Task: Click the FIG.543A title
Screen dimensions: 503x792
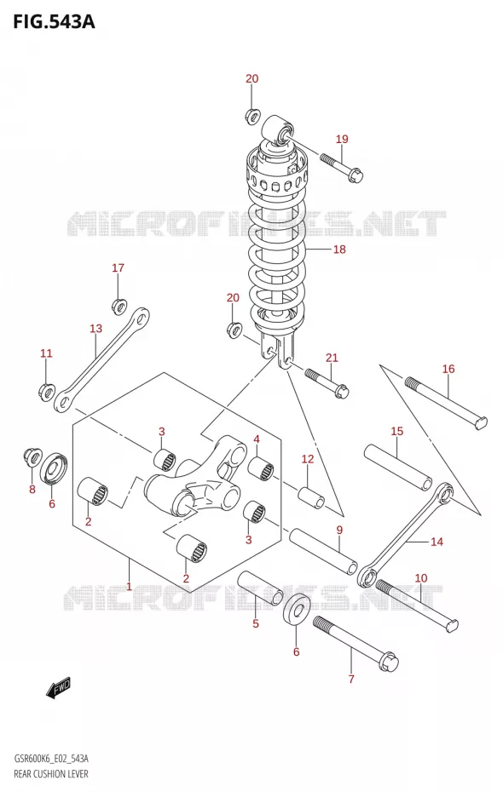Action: pyautogui.click(x=54, y=22)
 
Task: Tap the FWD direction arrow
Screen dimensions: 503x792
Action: pyautogui.click(x=59, y=688)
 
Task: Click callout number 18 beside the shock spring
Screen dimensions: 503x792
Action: pyautogui.click(x=339, y=249)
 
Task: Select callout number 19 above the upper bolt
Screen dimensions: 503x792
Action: pyautogui.click(x=342, y=139)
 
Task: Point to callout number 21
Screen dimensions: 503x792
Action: pyautogui.click(x=332, y=359)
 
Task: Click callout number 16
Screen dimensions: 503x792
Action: pyautogui.click(x=448, y=370)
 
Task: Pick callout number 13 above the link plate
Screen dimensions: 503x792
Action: pyautogui.click(x=96, y=329)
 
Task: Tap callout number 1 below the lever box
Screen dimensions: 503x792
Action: pyautogui.click(x=130, y=587)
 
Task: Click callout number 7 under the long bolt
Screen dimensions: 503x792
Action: pyautogui.click(x=351, y=679)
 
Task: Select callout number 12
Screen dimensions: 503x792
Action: pyautogui.click(x=308, y=459)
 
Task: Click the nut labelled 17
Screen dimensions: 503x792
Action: pyautogui.click(x=119, y=306)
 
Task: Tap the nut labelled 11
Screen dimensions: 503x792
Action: pyautogui.click(x=47, y=390)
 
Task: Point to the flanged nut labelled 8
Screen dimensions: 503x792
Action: pyautogui.click(x=33, y=456)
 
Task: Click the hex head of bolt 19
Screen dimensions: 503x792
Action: pyautogui.click(x=356, y=175)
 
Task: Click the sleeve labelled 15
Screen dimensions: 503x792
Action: pyautogui.click(x=398, y=467)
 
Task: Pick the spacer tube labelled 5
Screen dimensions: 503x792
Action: pyautogui.click(x=260, y=588)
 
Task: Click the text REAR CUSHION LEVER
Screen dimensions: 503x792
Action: pyautogui.click(x=51, y=774)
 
